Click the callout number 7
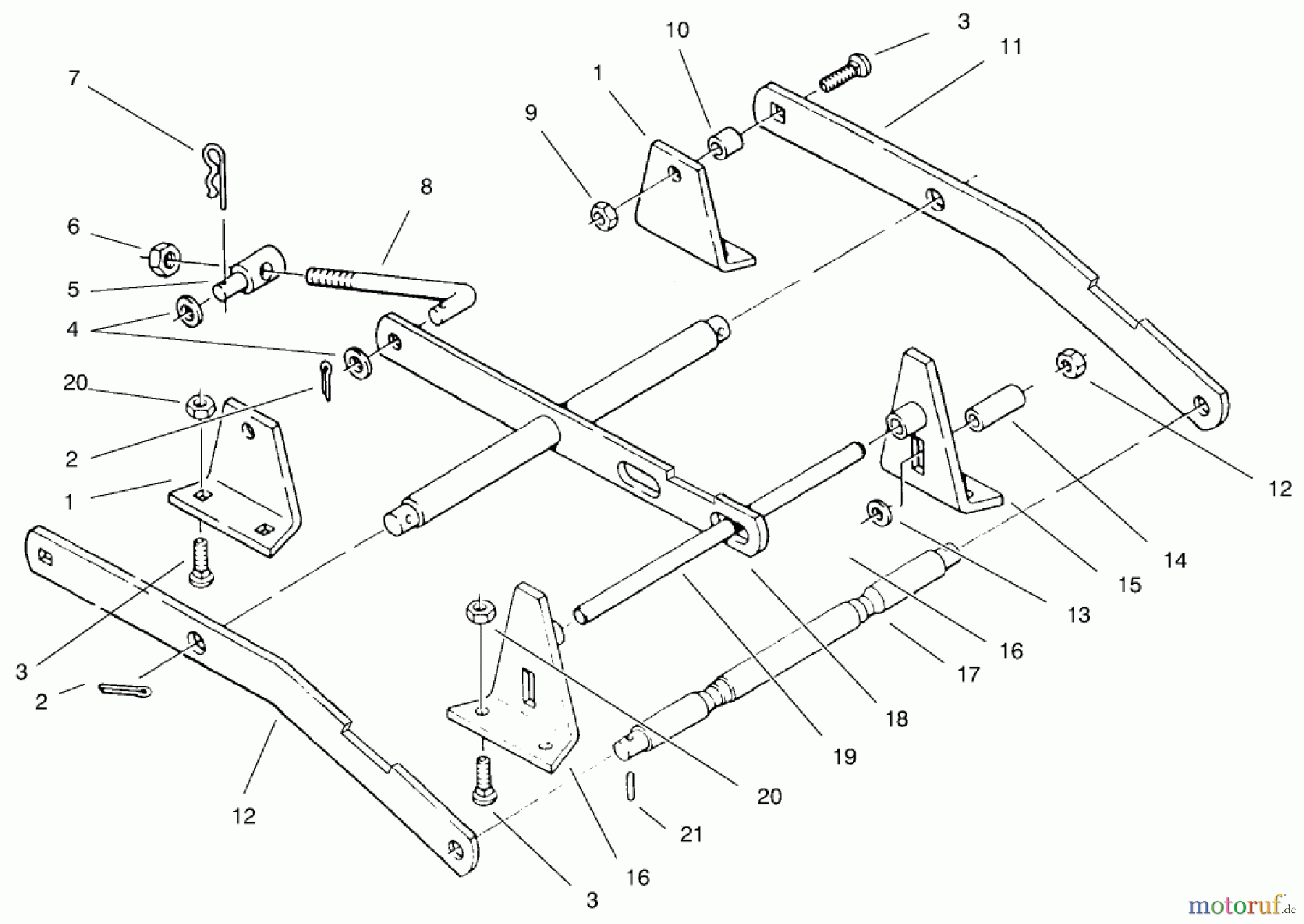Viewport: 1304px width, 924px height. [x=73, y=78]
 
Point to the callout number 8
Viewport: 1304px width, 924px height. [x=426, y=187]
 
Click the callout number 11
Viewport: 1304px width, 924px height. [x=1011, y=47]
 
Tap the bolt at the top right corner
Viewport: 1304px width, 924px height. [x=845, y=72]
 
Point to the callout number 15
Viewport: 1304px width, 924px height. [x=1129, y=584]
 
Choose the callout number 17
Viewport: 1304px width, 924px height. [x=968, y=675]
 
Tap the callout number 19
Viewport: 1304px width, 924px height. [x=845, y=757]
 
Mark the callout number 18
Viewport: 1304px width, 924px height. [x=897, y=718]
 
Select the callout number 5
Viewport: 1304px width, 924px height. [x=73, y=290]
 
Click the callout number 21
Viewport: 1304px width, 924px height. [x=691, y=834]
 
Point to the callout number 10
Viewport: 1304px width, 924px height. [x=678, y=30]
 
